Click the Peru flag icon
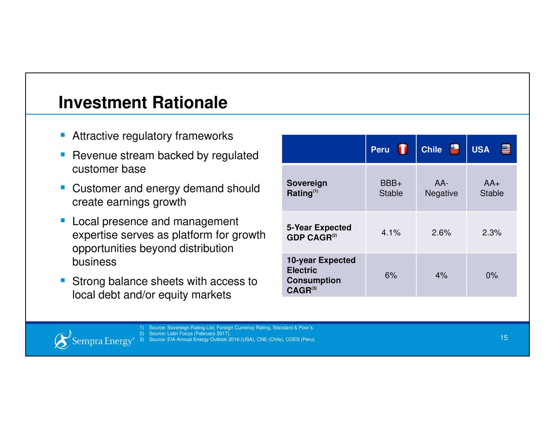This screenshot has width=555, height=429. click(403, 149)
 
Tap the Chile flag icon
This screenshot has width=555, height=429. click(454, 149)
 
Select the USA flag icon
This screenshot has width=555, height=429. click(506, 149)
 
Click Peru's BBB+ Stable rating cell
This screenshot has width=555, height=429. click(391, 188)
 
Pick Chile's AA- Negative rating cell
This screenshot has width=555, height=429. click(441, 188)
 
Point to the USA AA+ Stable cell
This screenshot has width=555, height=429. click(492, 188)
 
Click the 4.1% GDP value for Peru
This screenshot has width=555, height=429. click(391, 233)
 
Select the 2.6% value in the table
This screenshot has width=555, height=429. click(441, 233)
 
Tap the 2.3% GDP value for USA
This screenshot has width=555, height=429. click(492, 233)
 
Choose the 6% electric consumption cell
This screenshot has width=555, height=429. click(391, 275)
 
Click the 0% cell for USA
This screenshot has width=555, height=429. click(492, 275)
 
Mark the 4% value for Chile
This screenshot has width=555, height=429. click(441, 275)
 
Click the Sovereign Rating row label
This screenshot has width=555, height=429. click(307, 188)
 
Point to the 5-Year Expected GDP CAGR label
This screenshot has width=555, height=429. click(318, 233)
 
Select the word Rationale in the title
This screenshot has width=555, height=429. click(189, 103)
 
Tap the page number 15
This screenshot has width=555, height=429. click(503, 338)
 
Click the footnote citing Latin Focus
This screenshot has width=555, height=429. click(189, 334)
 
